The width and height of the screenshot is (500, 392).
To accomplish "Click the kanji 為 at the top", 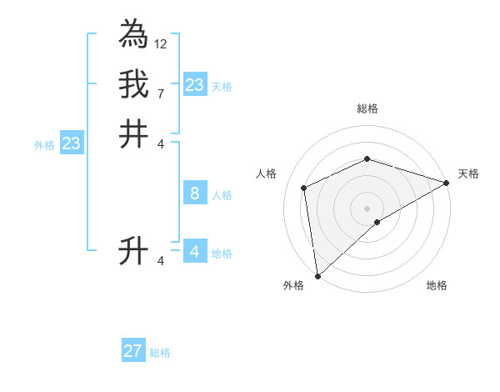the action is tap(133, 35).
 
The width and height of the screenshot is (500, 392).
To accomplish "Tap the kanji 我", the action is tap(133, 84).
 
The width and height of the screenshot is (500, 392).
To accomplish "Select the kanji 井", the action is tap(133, 133).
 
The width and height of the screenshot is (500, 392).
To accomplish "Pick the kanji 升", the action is tap(133, 251).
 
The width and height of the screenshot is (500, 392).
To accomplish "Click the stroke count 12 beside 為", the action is tap(161, 43).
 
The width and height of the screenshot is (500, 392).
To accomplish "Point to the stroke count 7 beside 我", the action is tap(161, 93).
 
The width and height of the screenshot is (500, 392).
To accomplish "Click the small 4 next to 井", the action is tap(161, 143).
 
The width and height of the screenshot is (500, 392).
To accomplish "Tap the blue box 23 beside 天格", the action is tap(194, 85).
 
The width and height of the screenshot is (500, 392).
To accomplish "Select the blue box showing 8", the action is tap(194, 193).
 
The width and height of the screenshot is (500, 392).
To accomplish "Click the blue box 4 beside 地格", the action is tap(194, 252).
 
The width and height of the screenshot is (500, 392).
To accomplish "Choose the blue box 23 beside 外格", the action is tap(72, 143).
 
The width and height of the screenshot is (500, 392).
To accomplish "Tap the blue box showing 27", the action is tap(132, 351).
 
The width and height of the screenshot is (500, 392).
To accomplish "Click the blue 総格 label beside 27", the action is tap(160, 353).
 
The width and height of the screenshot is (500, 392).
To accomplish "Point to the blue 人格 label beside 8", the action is tap(222, 195).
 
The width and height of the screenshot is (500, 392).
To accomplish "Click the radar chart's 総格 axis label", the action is tap(367, 108).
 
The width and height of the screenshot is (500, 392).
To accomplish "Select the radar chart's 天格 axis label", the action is tap(468, 173).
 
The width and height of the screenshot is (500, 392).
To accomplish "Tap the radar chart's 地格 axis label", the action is tap(437, 285).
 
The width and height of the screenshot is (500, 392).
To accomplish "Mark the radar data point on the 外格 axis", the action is tap(317, 276).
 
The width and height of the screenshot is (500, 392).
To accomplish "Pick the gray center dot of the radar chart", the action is tap(367, 209).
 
